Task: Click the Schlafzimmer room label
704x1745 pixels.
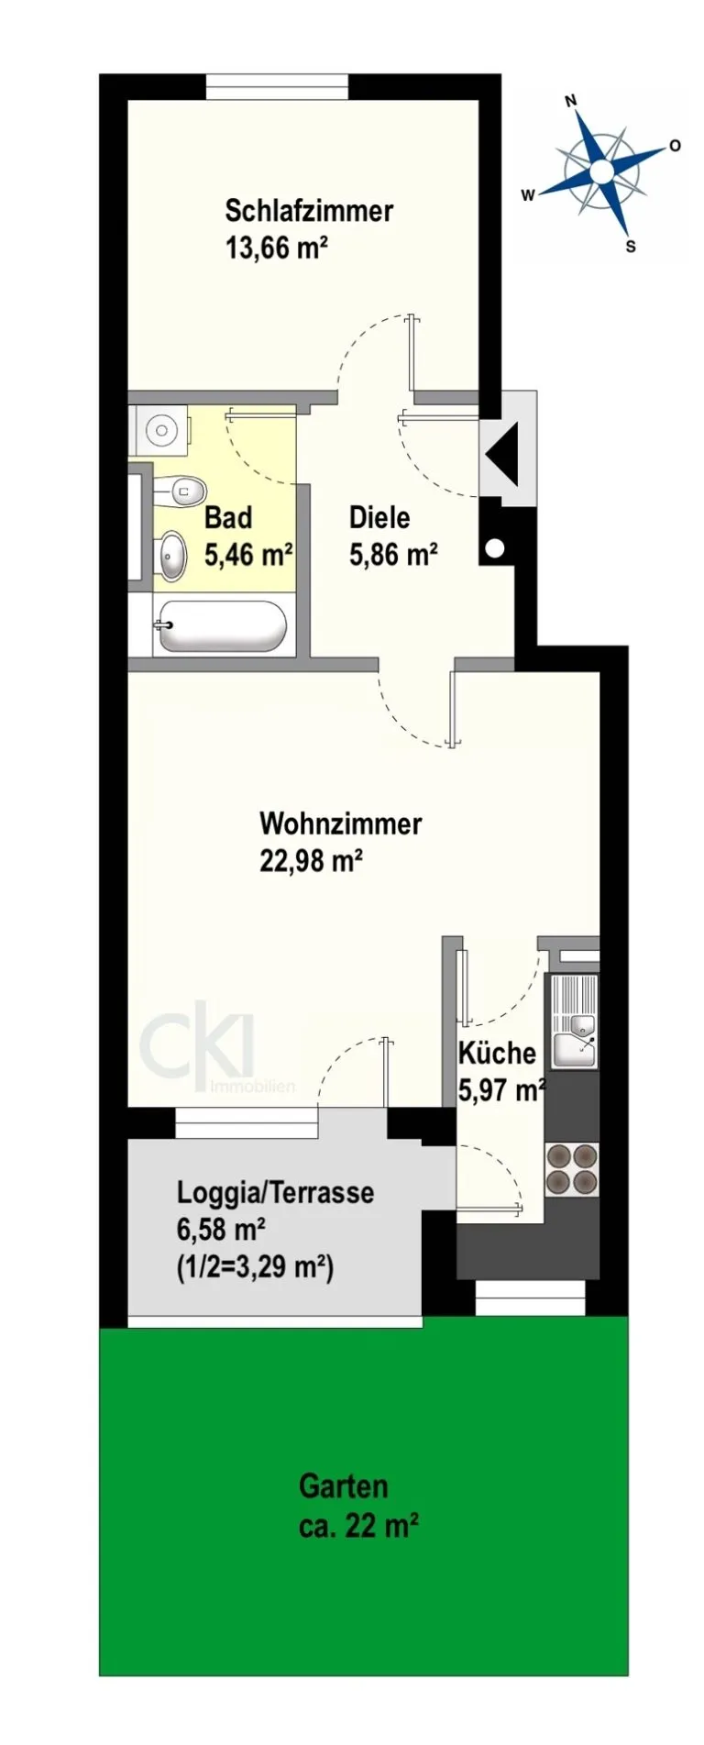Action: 309,211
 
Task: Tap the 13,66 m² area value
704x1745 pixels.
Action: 277,248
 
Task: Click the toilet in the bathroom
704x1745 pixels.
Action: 180,491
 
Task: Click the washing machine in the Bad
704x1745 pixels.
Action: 160,429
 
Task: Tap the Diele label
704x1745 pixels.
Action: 379,518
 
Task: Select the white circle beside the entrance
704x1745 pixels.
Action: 495,549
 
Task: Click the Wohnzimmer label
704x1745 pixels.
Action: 341,823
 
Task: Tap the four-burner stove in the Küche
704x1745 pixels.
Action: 572,1169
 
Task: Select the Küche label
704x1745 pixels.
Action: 497,1052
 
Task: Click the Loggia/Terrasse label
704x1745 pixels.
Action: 275,1193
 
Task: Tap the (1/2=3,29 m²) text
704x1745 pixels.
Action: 254,1268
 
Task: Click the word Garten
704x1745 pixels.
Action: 344,1486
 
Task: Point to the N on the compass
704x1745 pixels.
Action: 570,102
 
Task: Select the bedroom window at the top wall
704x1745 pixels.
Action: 277,86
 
